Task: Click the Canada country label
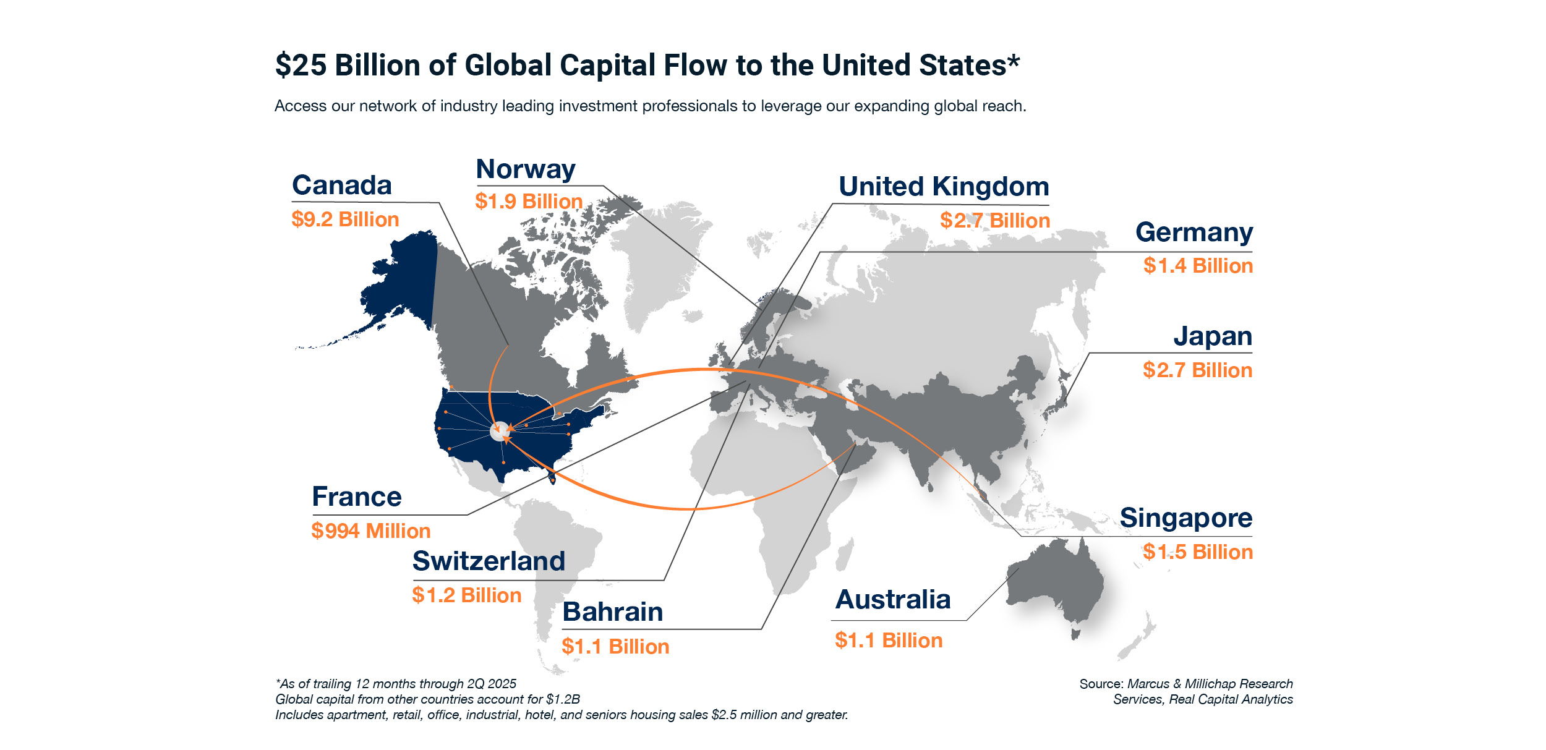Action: [341, 185]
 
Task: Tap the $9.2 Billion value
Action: [345, 219]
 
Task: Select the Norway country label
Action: [526, 169]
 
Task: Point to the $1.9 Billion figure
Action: [529, 202]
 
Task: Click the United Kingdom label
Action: [944, 187]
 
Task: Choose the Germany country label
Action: [1194, 232]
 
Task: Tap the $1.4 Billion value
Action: [1198, 266]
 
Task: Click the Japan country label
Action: [1213, 336]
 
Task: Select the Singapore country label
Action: [1186, 518]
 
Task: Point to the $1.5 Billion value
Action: [1198, 552]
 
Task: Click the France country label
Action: [357, 497]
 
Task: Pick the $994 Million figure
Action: [371, 531]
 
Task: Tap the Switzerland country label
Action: [489, 561]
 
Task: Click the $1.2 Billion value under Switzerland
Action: [467, 595]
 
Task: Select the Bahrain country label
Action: [613, 612]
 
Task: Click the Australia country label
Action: [893, 600]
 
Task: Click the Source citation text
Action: [1186, 691]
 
